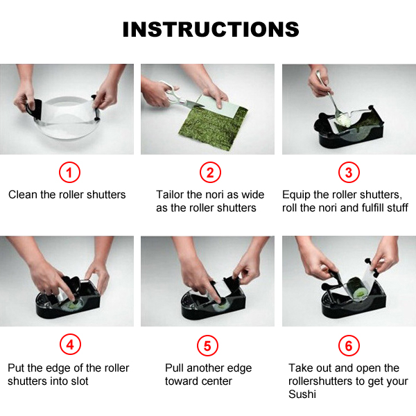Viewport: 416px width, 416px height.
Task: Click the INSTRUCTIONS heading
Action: pyautogui.click(x=211, y=29)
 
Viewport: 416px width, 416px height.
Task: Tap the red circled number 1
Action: pyautogui.click(x=69, y=173)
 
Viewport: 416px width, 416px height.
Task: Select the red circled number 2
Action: pyautogui.click(x=210, y=173)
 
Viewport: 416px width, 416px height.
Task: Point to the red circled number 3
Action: pyautogui.click(x=349, y=173)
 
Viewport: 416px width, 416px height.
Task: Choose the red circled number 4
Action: pyautogui.click(x=70, y=345)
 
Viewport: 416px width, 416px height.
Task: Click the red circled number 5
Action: pyautogui.click(x=207, y=346)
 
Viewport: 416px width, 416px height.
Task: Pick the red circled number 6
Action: pyautogui.click(x=349, y=346)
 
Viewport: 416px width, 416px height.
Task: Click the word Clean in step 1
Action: pyautogui.click(x=23, y=194)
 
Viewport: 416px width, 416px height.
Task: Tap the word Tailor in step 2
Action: pyautogui.click(x=170, y=194)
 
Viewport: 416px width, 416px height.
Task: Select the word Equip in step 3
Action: pyautogui.click(x=296, y=196)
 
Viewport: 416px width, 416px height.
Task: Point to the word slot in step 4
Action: pyautogui.click(x=80, y=381)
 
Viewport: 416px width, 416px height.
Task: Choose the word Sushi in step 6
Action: pyautogui.click(x=302, y=394)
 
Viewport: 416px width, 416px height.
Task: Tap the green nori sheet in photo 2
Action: pyautogui.click(x=212, y=127)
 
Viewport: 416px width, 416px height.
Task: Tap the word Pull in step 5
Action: pyautogui.click(x=174, y=368)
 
